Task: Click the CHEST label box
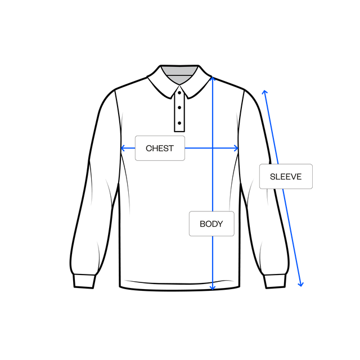click(x=160, y=148)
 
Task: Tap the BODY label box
click(x=211, y=224)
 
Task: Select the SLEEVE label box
click(x=286, y=176)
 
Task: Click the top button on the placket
click(x=179, y=93)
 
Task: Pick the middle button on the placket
click(x=179, y=107)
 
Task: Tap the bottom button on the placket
click(x=179, y=123)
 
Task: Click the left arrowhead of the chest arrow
click(x=123, y=148)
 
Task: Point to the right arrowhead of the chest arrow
click(x=236, y=148)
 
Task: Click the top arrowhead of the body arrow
click(x=213, y=79)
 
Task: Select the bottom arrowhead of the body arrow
click(x=213, y=288)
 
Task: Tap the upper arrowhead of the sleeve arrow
click(x=265, y=92)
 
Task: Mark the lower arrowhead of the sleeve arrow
click(x=301, y=285)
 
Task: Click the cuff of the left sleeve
click(x=84, y=281)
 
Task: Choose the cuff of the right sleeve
click(x=275, y=281)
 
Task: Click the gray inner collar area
click(x=179, y=74)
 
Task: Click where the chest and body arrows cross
click(x=213, y=148)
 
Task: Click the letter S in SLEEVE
click(x=272, y=177)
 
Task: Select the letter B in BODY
click(x=202, y=224)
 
